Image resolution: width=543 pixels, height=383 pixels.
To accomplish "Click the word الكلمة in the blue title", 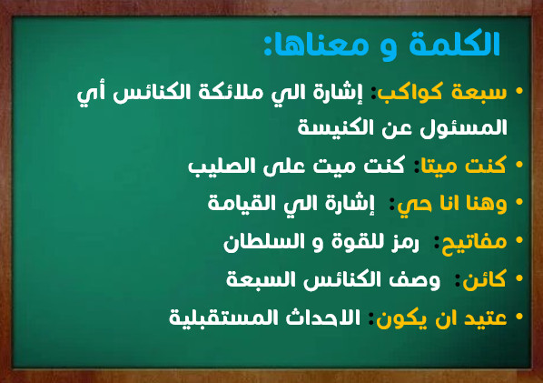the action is tap(454, 44).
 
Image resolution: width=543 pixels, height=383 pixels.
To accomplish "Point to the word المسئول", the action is tap(463, 128).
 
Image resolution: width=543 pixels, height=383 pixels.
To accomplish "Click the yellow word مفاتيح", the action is tap(474, 242).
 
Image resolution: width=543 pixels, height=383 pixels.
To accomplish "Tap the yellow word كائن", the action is tap(485, 279).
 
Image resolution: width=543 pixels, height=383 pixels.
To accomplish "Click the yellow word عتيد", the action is tap(486, 318).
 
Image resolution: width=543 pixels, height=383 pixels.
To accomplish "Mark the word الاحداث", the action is tap(323, 317).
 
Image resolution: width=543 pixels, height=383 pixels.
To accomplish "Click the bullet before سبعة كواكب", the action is tap(519, 91).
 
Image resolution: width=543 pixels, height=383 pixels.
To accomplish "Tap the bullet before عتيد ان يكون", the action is tap(519, 317).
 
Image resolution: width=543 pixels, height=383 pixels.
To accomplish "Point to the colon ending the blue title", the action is tap(267, 45).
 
